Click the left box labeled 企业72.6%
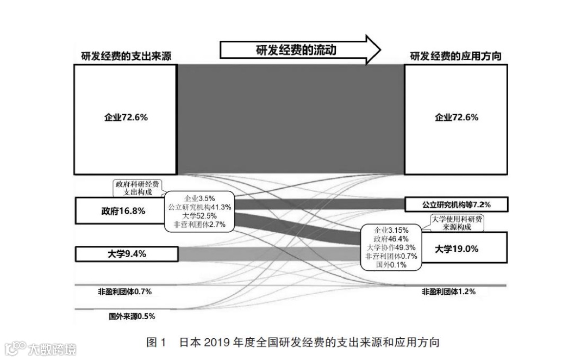coord(126,119)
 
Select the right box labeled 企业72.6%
coord(456,118)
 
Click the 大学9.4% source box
coord(126,253)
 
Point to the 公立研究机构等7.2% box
coord(456,205)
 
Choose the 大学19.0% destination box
coord(462,249)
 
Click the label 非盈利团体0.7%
coord(121,292)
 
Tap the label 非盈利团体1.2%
coord(448,291)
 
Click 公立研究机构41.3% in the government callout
coord(199,207)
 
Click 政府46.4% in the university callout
coord(388,239)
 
